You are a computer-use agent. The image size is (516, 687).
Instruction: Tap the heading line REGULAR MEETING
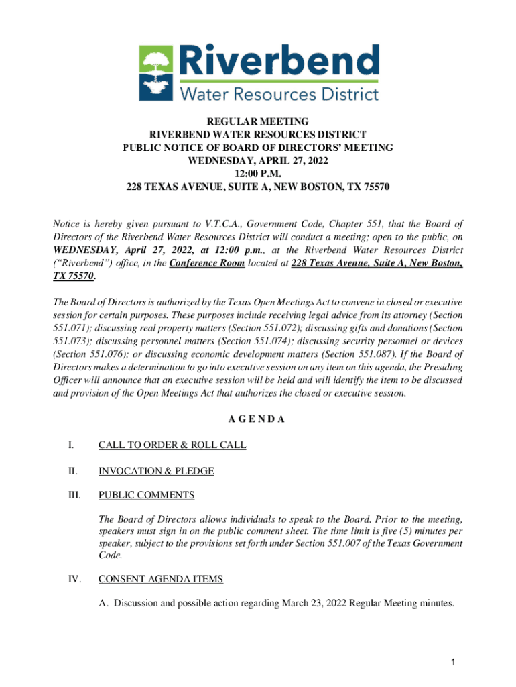pos(258,121)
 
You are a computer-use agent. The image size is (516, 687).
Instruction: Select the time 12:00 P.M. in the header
pos(258,173)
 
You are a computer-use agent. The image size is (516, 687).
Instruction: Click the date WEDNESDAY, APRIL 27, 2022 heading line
pos(258,160)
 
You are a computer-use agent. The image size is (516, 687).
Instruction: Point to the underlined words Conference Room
pos(207,264)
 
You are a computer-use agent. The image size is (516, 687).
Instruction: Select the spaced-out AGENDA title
pos(258,419)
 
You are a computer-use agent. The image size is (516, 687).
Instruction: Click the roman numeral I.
pos(70,445)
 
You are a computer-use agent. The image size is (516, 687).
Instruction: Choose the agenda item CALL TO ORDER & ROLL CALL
pos(172,445)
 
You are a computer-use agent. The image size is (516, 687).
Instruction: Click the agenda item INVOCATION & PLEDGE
pos(156,471)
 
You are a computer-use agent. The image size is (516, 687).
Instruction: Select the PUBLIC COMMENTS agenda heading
pos(146,496)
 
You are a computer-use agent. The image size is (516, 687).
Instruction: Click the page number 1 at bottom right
pos(453,664)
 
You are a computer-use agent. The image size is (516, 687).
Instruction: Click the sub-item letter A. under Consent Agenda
pos(103,604)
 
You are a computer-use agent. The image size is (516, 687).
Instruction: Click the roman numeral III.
pos(72,496)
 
